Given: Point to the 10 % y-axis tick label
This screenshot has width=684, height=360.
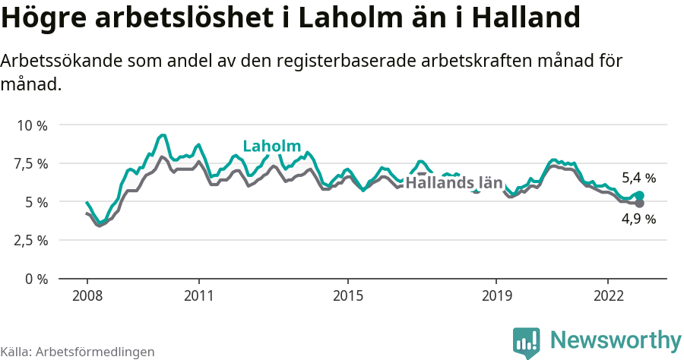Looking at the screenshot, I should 32,125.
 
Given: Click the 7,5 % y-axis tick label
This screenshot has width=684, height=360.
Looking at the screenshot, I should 31,163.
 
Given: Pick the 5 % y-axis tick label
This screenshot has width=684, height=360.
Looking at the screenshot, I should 36,202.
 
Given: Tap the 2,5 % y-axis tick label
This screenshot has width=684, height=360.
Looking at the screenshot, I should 31,240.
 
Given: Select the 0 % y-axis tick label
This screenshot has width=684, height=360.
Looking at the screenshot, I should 36,279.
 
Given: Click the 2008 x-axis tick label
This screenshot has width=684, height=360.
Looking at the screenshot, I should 87,295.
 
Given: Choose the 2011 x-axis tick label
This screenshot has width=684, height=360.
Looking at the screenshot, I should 198,295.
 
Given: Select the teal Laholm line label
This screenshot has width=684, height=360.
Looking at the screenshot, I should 271,147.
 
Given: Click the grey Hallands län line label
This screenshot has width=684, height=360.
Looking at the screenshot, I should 454,183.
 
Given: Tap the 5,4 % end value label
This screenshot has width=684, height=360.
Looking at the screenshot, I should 638,178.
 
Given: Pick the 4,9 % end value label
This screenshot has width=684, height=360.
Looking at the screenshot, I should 638,219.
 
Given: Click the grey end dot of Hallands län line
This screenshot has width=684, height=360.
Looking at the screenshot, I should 639,204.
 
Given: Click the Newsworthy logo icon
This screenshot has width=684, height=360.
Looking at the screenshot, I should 527,343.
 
